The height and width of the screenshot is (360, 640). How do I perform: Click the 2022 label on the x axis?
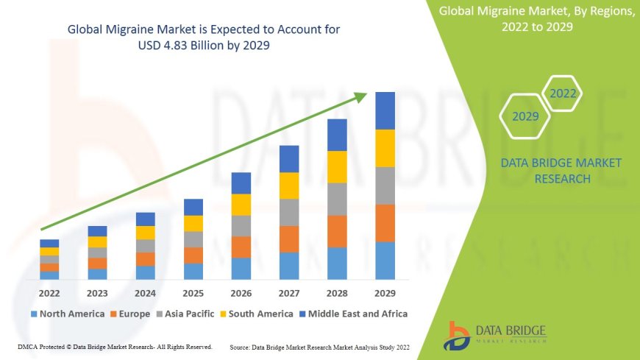[49, 293]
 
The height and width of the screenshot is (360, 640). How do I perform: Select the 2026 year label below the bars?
[241, 293]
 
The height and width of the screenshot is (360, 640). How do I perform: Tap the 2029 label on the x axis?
[385, 293]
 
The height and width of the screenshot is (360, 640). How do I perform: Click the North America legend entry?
[67, 314]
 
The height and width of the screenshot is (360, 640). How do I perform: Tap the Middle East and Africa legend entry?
[354, 314]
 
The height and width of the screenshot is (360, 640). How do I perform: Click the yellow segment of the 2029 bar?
[385, 148]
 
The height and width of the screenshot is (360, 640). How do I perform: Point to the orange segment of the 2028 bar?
[337, 231]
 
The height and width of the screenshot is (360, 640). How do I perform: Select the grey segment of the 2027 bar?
[289, 212]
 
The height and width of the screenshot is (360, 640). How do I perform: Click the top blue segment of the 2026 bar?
[241, 183]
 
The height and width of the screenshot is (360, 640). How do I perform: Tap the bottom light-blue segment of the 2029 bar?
[385, 261]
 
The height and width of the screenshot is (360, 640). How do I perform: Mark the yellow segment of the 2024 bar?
[146, 233]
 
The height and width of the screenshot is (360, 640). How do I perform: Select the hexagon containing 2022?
[563, 93]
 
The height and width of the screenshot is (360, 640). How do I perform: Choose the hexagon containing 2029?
[525, 116]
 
